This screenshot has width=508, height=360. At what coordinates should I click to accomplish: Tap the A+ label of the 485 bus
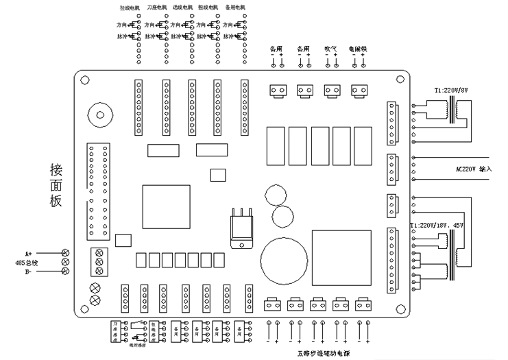click(28, 252)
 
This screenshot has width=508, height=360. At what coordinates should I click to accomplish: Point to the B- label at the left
click(28, 272)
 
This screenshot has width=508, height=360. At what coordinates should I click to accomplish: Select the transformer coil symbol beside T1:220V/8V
click(452, 110)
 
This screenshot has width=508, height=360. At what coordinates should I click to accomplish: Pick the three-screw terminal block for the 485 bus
click(99, 261)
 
